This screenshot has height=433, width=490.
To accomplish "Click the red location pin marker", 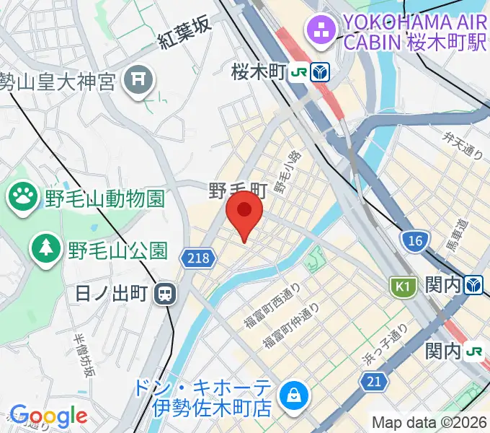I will click(244, 212).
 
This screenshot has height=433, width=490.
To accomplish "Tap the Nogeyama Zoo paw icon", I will click(23, 196).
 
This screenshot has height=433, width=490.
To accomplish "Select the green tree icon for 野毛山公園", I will click(46, 250).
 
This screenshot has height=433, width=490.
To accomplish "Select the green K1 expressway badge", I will click(402, 286).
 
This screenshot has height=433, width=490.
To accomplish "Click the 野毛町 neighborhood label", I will click(238, 191).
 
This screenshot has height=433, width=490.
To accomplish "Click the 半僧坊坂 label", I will click(84, 357).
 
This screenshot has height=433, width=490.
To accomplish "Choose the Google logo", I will click(48, 416).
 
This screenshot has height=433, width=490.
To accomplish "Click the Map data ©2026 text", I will click(429, 422).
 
